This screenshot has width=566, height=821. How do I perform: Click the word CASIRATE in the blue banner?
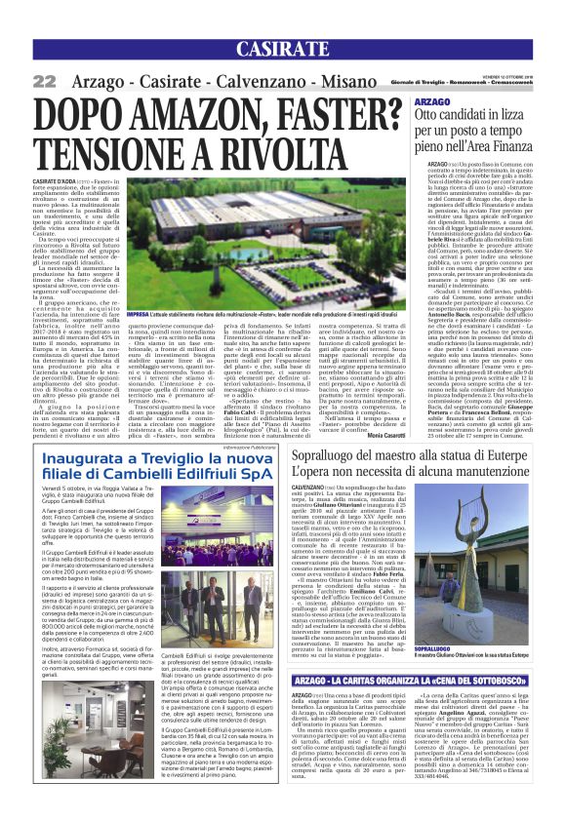tap(282, 50)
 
